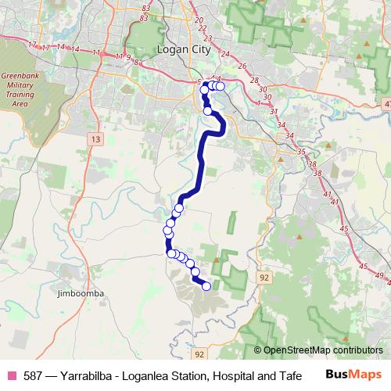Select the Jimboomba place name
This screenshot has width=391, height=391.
click(x=81, y=293)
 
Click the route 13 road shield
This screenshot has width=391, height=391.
click(x=95, y=138)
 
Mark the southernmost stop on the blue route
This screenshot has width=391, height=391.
click(x=206, y=286)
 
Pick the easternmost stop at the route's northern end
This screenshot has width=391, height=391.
click(x=221, y=86)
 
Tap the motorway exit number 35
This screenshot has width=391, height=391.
click(x=302, y=151)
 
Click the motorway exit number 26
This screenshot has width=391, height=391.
click(x=242, y=66)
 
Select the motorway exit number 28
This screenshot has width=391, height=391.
click(x=253, y=81)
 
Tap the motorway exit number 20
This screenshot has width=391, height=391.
click(x=199, y=20)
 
